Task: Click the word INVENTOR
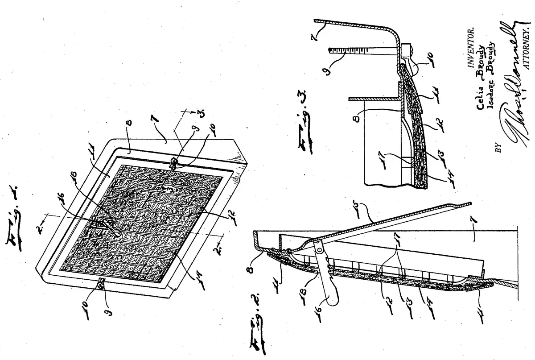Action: click(x=471, y=45)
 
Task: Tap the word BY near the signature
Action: click(x=498, y=148)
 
